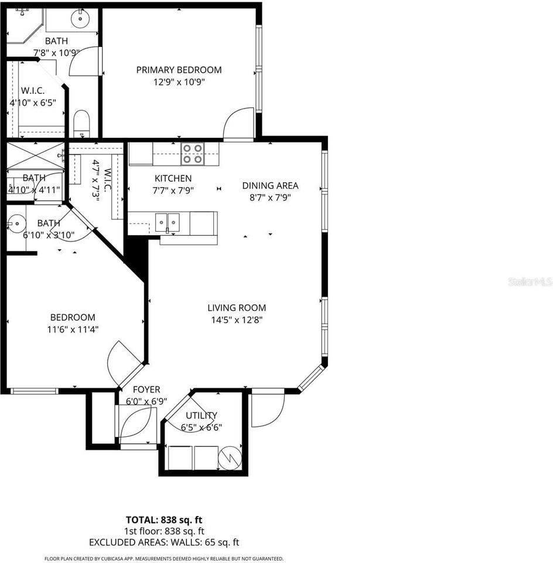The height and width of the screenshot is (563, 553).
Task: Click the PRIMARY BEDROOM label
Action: pyautogui.click(x=179, y=70)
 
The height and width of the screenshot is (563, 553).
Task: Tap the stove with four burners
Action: pyautogui.click(x=192, y=154)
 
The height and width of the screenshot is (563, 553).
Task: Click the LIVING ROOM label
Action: pyautogui.click(x=237, y=307)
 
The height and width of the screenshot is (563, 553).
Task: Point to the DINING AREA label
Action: pyautogui.click(x=270, y=185)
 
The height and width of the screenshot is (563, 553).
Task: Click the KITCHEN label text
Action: pyautogui.click(x=173, y=178)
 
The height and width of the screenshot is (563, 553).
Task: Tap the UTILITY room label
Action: pyautogui.click(x=201, y=415)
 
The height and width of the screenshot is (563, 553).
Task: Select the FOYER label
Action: pyautogui.click(x=146, y=389)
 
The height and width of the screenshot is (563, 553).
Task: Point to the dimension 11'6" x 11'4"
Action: pyautogui.click(x=73, y=330)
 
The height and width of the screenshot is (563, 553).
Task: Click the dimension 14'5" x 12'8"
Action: pyautogui.click(x=237, y=320)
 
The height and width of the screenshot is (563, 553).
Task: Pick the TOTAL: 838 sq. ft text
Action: pyautogui.click(x=164, y=520)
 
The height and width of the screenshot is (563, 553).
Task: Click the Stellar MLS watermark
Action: pyautogui.click(x=530, y=282)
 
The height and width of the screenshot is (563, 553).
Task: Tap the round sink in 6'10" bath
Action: pyautogui.click(x=18, y=223)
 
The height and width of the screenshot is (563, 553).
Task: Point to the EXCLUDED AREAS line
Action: pyautogui.click(x=164, y=542)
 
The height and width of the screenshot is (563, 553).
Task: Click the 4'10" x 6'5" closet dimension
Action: pyautogui.click(x=32, y=103)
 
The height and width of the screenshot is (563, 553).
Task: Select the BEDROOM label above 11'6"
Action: pyautogui.click(x=73, y=317)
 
